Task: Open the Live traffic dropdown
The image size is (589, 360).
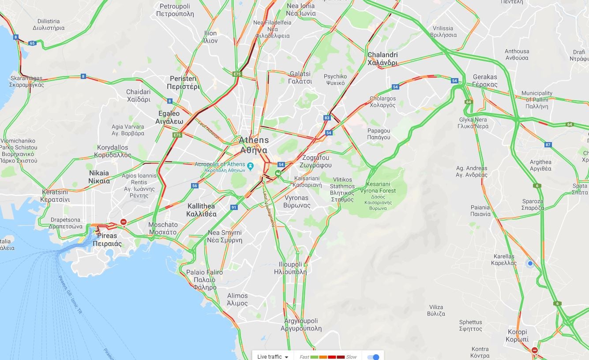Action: click(x=273, y=356)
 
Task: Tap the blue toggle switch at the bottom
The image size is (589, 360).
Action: click(x=373, y=356)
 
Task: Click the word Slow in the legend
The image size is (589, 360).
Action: click(x=351, y=356)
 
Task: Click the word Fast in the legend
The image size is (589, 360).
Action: click(x=304, y=356)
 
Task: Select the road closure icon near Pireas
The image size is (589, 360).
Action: click(x=124, y=222)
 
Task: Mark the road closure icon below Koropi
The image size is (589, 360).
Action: click(x=535, y=350)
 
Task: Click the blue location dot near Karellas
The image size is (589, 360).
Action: click(x=530, y=263)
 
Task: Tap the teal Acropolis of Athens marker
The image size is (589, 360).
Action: click(x=251, y=166)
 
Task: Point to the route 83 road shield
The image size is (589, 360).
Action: click(x=327, y=118)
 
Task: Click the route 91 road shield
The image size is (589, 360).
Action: click(x=234, y=207)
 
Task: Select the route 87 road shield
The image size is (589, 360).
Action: click(x=548, y=145)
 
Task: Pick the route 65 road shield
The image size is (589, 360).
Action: click(x=32, y=43)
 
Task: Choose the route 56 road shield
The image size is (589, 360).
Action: click(x=195, y=186)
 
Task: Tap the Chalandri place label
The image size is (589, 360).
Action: click(x=383, y=59)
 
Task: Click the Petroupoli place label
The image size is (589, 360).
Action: click(x=175, y=10)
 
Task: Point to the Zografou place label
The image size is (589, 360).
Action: click(x=315, y=161)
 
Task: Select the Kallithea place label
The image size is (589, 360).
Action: click(x=201, y=210)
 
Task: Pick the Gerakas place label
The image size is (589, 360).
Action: click(x=485, y=81)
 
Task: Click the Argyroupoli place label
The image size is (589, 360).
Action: click(x=301, y=325)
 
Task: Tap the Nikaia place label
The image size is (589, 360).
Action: click(x=99, y=177)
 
